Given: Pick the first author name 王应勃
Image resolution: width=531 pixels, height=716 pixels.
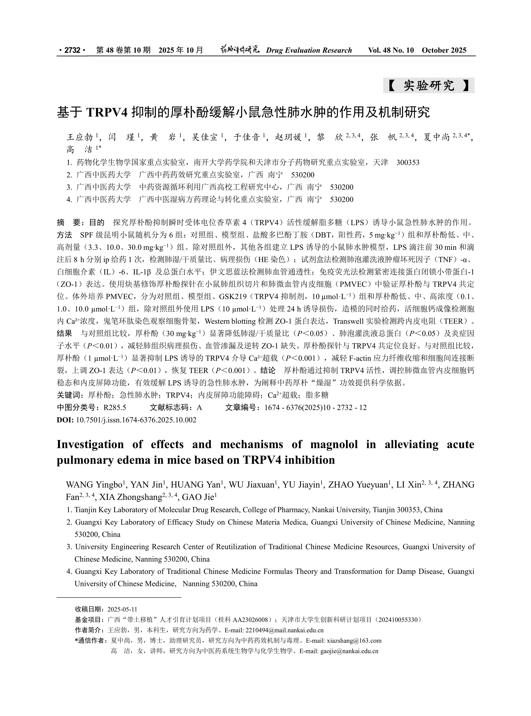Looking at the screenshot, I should click(x=80, y=138).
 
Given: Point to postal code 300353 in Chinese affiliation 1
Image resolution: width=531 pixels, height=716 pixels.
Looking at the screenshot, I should click(x=408, y=162).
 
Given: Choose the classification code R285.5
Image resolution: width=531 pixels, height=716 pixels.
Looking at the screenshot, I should click(x=115, y=408).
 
